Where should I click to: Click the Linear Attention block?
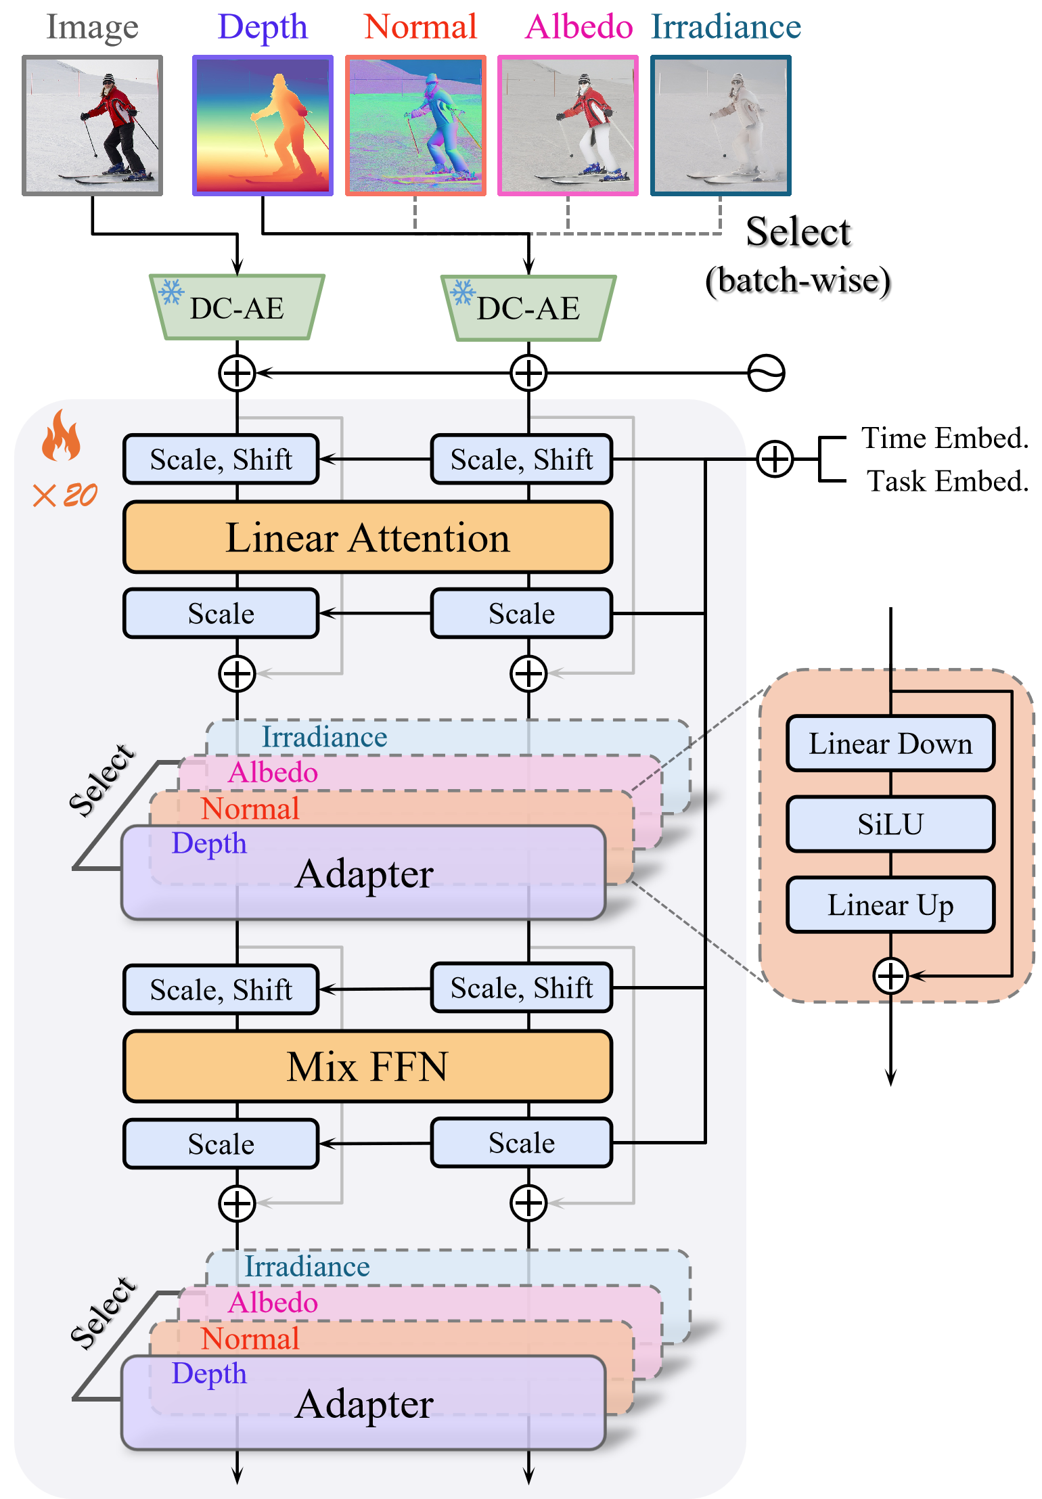pos(367,537)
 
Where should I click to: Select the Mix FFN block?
pos(367,1067)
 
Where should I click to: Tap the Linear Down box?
pos(890,743)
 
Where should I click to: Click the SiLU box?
pos(890,824)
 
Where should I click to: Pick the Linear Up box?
pos(890,905)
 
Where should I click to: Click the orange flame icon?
pos(61,436)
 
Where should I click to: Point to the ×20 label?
pos(66,495)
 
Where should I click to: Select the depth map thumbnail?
pos(263,126)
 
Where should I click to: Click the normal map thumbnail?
pos(415,126)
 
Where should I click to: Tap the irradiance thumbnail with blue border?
pos(721,126)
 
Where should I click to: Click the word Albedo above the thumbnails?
pos(579,27)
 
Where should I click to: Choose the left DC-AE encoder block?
pos(237,308)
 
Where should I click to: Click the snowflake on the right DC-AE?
pos(463,292)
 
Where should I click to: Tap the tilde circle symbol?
pos(766,373)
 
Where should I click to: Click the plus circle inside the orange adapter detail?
pos(890,976)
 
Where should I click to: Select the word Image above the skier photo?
pos(92,27)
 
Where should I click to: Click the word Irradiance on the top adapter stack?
pos(324,737)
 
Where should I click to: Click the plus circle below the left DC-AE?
pos(237,373)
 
